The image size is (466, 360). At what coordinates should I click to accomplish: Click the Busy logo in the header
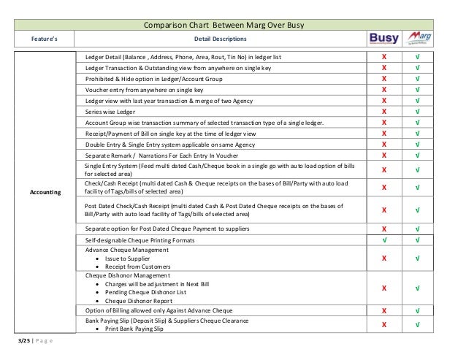coord(383,38)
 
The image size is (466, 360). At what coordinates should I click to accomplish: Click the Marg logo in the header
coord(419,38)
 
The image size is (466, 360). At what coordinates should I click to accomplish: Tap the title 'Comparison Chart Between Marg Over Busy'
coord(232,26)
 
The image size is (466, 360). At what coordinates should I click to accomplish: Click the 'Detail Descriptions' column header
coord(219,39)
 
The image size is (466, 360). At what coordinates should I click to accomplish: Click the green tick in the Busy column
coord(384,240)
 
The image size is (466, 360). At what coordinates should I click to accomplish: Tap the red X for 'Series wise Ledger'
coord(384,111)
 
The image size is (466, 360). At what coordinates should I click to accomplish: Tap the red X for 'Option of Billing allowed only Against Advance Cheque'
coord(384,312)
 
